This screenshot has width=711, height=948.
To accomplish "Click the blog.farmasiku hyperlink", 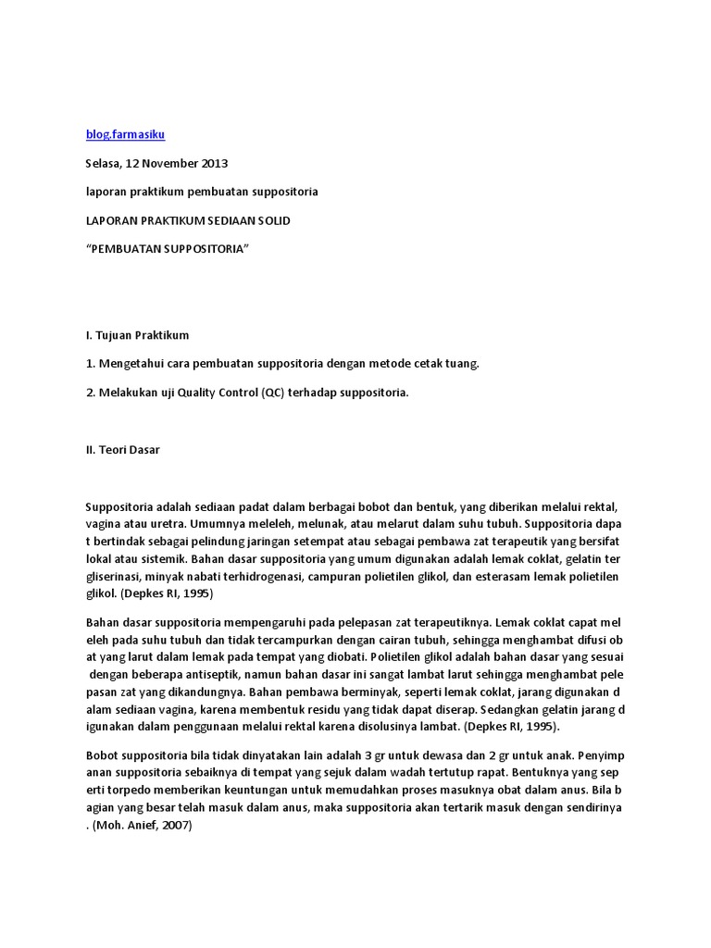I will (125, 134).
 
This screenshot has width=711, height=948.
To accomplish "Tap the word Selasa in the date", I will (105, 163).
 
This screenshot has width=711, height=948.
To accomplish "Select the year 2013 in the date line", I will (214, 163).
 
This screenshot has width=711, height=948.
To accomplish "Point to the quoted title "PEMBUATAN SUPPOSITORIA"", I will (168, 249).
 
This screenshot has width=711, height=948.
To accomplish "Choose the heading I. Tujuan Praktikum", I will (137, 335).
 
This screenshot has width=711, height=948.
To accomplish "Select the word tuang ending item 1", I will (462, 364).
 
